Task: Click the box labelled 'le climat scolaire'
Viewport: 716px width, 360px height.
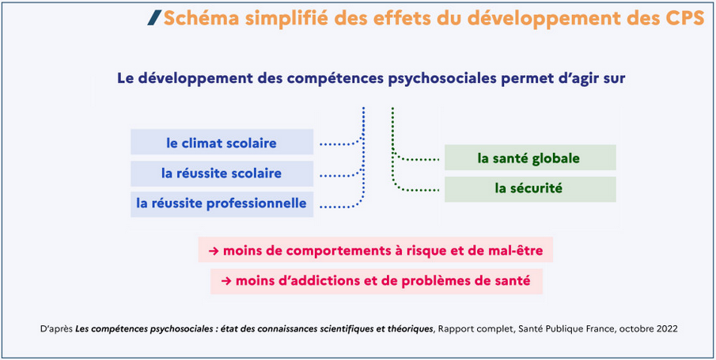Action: [222, 142]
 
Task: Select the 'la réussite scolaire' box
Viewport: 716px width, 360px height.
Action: [222, 173]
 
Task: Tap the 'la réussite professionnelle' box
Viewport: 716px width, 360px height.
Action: [222, 204]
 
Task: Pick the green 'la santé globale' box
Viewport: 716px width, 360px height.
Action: [530, 157]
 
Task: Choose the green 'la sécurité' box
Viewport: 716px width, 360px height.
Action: [530, 189]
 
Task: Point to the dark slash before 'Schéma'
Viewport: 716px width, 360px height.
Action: [154, 18]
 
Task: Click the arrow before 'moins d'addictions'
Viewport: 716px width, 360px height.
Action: [226, 282]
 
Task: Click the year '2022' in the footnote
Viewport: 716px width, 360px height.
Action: [669, 329]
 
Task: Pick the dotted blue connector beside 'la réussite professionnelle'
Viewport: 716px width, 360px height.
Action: [342, 205]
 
